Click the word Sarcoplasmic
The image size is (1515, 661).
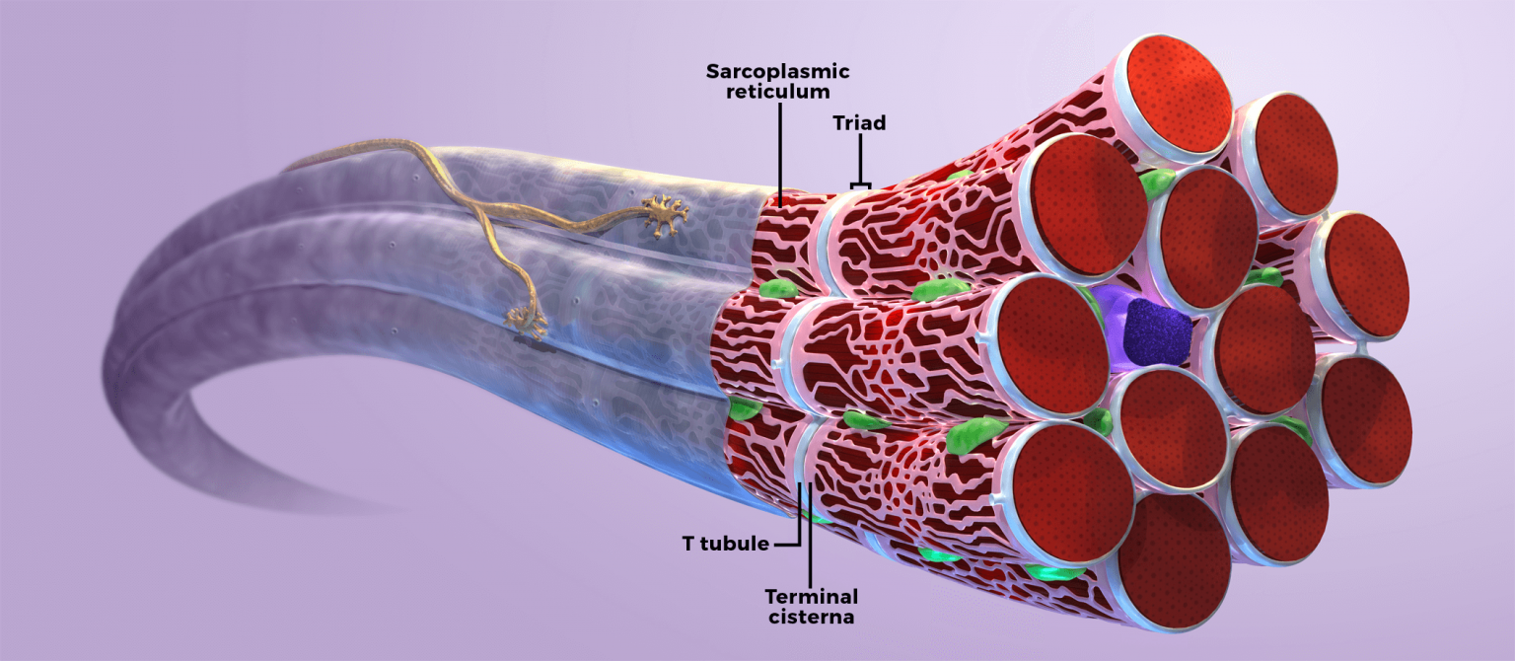pyautogui.click(x=778, y=72)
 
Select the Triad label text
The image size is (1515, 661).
pyautogui.click(x=860, y=123)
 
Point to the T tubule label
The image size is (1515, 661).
pyautogui.click(x=724, y=544)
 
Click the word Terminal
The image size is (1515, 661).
pyautogui.click(x=811, y=597)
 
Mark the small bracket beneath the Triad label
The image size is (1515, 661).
pyautogui.click(x=861, y=184)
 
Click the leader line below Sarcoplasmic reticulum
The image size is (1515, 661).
pyautogui.click(x=779, y=148)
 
